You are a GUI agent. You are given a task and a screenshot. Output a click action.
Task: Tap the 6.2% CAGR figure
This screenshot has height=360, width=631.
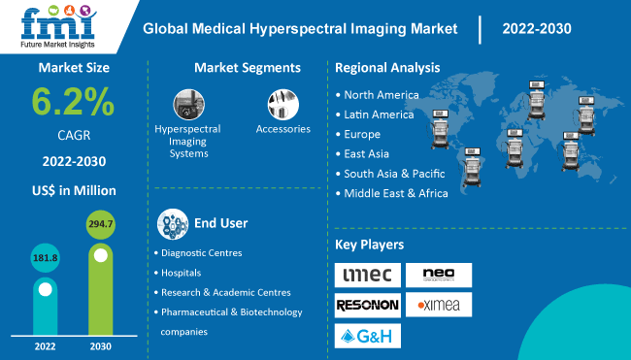point(72,102)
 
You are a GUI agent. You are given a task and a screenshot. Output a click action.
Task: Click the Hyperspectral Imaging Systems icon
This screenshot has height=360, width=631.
point(187,104)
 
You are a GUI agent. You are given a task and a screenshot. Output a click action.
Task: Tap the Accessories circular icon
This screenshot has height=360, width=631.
point(282,104)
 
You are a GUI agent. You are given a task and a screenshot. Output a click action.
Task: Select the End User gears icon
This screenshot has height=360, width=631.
point(174,224)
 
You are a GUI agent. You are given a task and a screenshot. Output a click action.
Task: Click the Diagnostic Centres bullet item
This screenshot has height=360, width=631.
point(201,252)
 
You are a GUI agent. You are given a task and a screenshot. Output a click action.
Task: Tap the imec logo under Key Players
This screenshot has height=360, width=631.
point(367,276)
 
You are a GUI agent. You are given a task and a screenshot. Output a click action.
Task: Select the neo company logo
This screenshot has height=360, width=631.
point(439,275)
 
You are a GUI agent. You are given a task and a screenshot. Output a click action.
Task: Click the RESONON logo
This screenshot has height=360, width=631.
point(367,306)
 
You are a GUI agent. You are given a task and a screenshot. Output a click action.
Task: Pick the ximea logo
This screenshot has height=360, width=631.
point(439,306)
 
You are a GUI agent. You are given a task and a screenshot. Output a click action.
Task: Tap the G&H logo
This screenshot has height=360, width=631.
point(367,336)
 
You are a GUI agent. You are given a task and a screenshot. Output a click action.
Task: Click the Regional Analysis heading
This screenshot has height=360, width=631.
point(387,68)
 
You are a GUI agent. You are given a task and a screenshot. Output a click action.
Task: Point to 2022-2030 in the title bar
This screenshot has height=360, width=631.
point(537,28)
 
